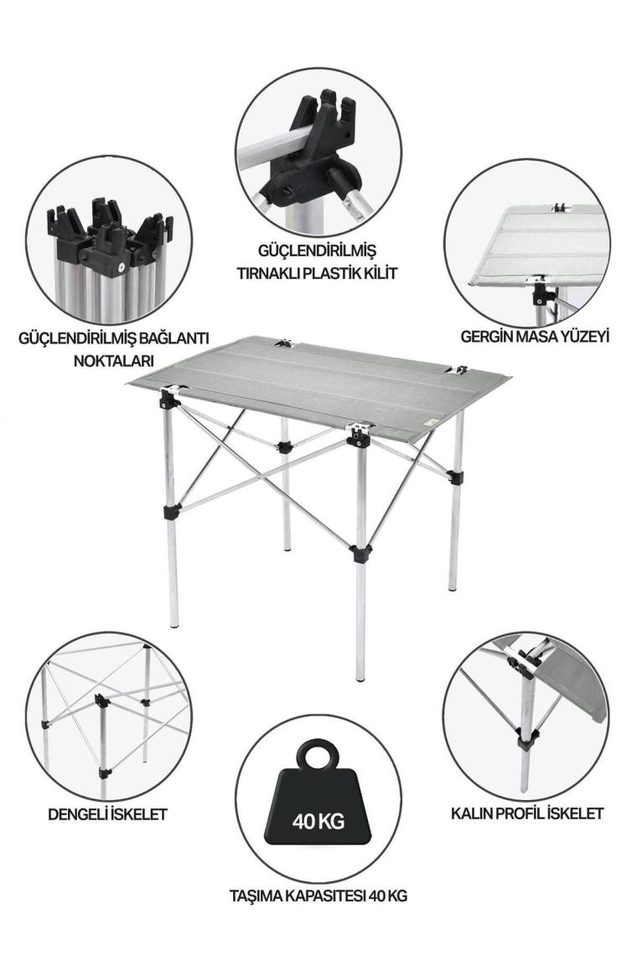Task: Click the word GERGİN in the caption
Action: point(486,336)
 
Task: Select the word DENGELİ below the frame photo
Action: point(77,813)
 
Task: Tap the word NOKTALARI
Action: point(113,360)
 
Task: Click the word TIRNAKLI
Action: point(266,273)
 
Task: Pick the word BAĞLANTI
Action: point(170,338)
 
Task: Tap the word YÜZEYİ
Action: point(584,336)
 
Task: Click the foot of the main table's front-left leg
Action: point(174,623)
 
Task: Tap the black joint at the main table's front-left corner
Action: point(167,400)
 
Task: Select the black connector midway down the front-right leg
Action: point(360,553)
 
